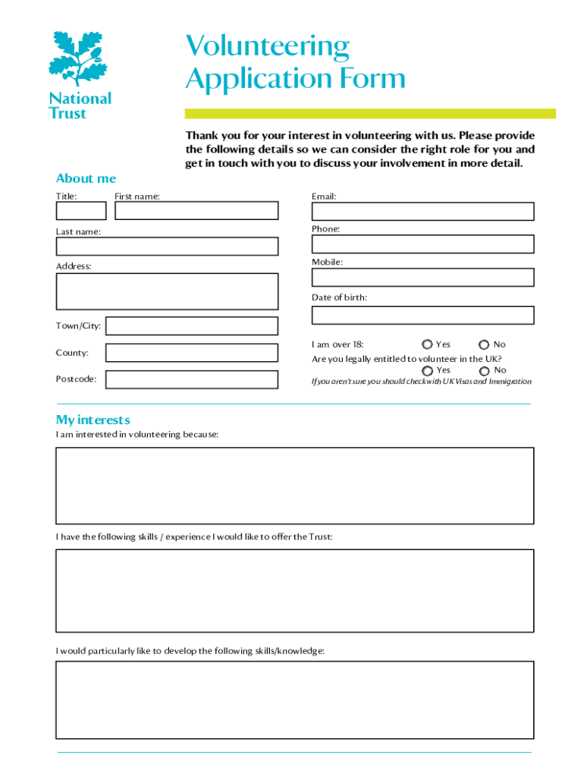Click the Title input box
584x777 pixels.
tap(81, 211)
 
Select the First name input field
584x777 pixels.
tap(196, 211)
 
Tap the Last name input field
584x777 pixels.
tap(167, 247)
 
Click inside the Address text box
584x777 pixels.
tap(167, 291)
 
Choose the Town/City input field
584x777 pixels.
tap(191, 326)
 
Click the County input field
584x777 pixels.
tap(191, 353)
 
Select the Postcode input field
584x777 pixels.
tap(191, 379)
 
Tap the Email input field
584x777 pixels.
tap(422, 211)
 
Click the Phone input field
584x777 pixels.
tap(422, 244)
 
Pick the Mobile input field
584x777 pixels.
tap(422, 277)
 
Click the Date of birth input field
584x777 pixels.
tap(422, 315)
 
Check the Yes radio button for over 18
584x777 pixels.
tap(428, 345)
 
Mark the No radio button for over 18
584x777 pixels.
tap(484, 345)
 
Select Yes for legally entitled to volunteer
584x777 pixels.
tap(428, 371)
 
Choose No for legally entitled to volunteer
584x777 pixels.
tap(484, 371)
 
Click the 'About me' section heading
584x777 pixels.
tap(86, 178)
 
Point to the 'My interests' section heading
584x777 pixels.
tap(93, 420)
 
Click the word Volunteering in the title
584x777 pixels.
tap(268, 47)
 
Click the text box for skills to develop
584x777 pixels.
tap(294, 700)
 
